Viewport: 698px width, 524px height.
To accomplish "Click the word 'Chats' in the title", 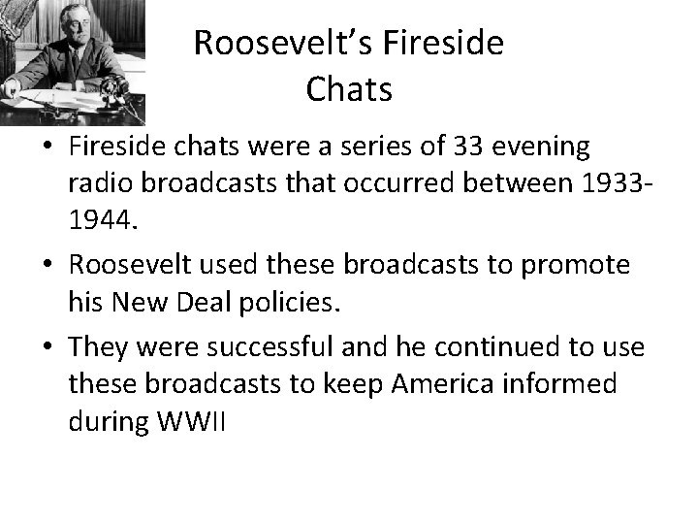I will pos(349,89).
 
